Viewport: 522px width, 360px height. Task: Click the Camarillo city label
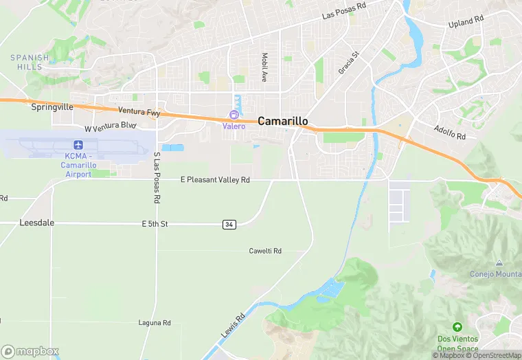click(283, 121)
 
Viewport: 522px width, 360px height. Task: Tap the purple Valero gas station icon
click(234, 115)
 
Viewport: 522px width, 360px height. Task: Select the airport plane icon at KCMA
click(78, 145)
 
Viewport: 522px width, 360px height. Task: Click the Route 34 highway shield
click(229, 225)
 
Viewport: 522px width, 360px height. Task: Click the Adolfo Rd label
click(450, 133)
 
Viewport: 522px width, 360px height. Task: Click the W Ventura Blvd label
click(111, 127)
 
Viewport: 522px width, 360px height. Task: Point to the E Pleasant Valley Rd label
click(215, 180)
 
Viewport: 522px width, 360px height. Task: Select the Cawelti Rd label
click(265, 251)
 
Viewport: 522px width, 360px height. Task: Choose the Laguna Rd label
click(154, 323)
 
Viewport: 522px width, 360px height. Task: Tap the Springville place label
click(52, 107)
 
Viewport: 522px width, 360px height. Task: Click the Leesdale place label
click(37, 223)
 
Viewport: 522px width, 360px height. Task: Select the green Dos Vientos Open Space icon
click(457, 327)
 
